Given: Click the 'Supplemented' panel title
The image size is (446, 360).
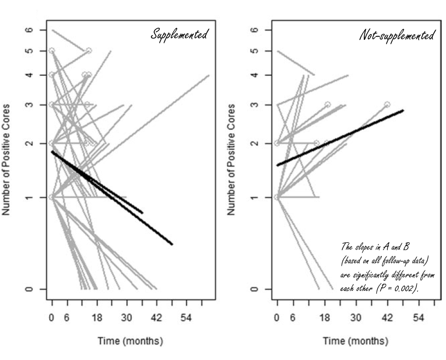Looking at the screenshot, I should click(x=179, y=35).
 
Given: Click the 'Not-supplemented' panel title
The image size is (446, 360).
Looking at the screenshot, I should click(x=397, y=36).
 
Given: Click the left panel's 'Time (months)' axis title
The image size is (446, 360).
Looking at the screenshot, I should click(x=130, y=341).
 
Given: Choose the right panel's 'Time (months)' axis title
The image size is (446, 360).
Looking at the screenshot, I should click(x=356, y=341).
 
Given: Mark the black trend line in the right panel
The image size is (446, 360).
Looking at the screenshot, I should click(x=340, y=138).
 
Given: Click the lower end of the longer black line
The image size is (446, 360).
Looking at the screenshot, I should click(x=172, y=244).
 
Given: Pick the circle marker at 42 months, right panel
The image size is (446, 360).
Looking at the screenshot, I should click(x=387, y=105).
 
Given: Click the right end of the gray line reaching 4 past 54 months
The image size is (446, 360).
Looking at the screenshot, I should click(x=209, y=75).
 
